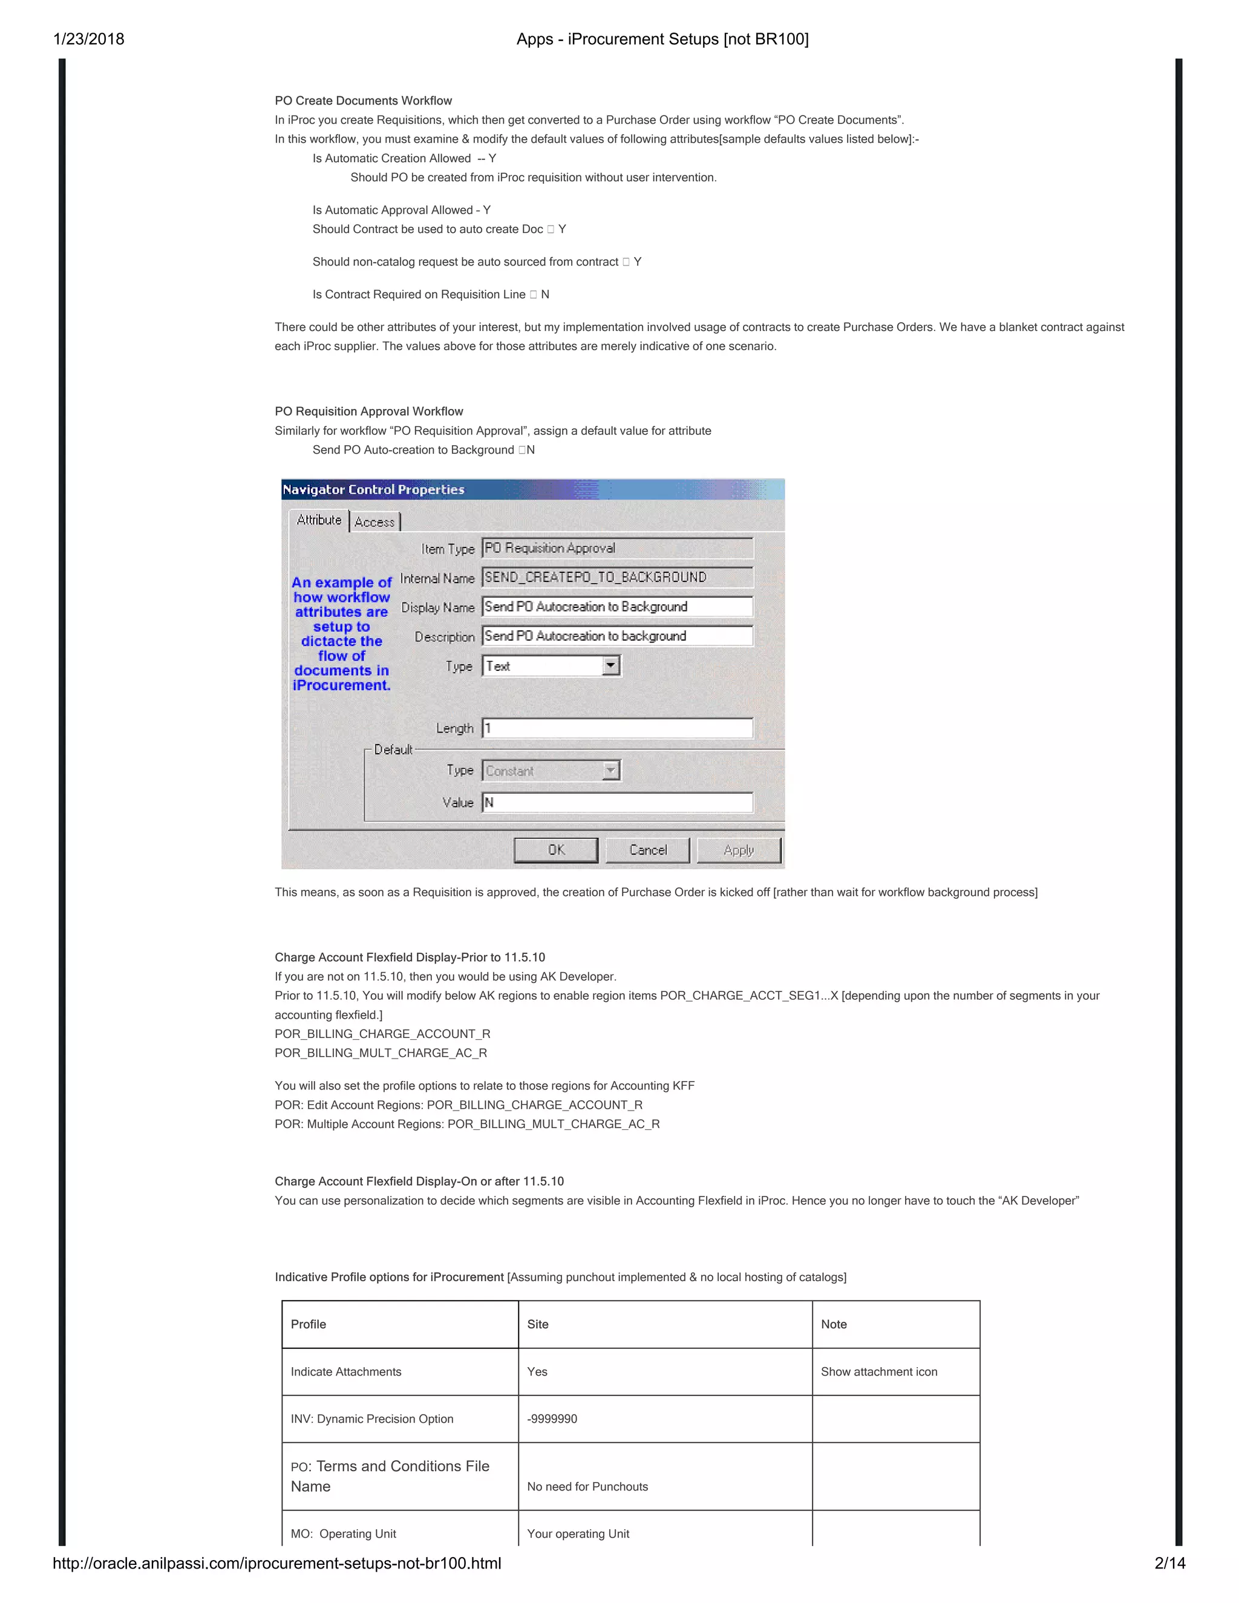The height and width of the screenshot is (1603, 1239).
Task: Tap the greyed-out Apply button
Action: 739,850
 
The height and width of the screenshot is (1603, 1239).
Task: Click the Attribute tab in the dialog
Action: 319,520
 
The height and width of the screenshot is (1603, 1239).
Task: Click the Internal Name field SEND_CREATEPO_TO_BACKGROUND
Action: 616,578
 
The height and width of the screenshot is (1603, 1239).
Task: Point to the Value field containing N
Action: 616,802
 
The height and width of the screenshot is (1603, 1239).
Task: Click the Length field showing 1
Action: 616,728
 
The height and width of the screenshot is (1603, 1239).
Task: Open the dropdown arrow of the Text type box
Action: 610,666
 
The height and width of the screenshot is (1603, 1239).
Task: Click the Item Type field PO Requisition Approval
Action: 616,548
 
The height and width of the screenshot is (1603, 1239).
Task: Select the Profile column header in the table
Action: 309,1324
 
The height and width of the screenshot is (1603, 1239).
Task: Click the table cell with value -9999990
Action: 552,1419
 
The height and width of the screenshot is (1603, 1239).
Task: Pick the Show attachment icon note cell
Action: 878,1372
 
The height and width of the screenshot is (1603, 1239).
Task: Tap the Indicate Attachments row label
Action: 345,1372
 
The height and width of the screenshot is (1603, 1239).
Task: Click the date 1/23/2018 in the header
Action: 89,39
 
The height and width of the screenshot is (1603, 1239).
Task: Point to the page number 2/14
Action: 1169,1562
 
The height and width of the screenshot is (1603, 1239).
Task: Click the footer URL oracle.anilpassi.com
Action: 276,1562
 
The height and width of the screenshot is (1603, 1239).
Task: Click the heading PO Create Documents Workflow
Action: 364,100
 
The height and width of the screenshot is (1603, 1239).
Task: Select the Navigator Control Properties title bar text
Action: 374,489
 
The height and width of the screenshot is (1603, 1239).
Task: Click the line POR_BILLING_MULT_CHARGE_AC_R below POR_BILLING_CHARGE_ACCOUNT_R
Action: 381,1053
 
